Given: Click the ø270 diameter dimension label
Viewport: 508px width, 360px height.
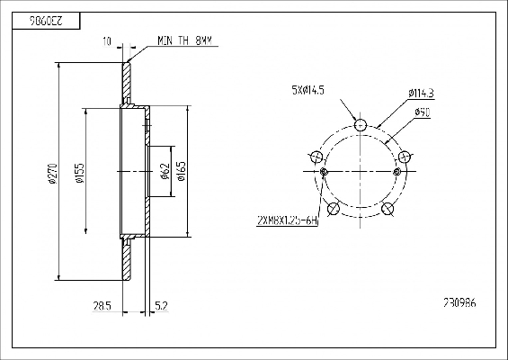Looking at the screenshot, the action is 53,175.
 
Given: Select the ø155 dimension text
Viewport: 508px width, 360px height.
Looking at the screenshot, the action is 80,173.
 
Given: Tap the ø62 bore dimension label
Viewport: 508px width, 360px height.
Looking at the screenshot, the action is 165,171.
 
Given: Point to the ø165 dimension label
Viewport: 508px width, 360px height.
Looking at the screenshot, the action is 182,171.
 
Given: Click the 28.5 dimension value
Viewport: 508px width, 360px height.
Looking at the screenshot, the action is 102,306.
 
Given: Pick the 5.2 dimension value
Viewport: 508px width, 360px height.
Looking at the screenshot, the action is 161,306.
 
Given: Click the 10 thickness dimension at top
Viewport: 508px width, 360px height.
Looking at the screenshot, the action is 107,41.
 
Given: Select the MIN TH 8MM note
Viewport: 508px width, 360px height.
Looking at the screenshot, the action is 184,40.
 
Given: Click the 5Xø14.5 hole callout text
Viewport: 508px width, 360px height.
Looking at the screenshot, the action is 307,90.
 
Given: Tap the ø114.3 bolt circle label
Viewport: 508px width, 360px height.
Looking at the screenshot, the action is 421,94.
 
